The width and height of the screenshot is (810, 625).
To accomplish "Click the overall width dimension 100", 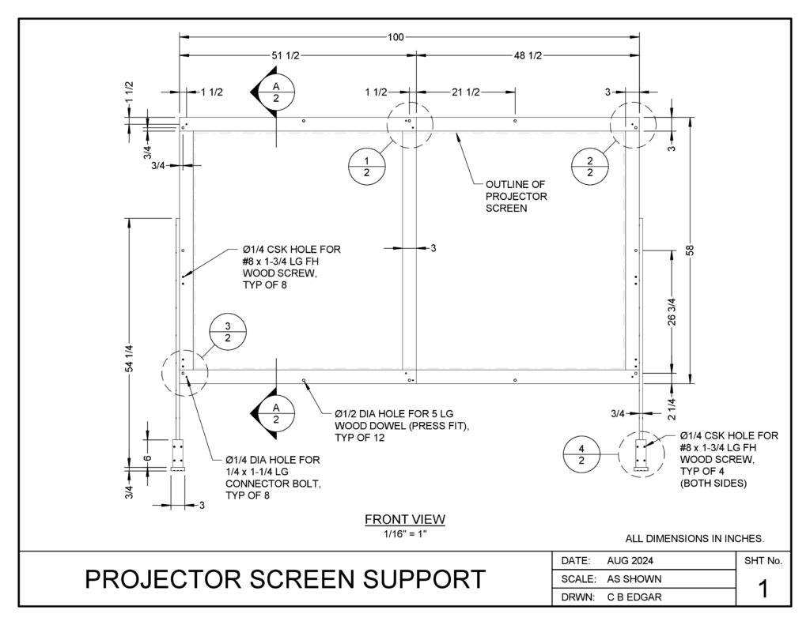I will point(396,36).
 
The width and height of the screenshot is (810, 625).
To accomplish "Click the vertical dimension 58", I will point(690,250).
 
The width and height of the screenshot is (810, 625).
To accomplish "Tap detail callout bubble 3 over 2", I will point(228,332).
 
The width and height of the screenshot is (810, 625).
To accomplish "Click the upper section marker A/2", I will point(276,92).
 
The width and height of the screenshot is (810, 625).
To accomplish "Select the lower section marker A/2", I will point(276,413).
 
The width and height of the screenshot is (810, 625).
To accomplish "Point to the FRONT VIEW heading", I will point(404,519).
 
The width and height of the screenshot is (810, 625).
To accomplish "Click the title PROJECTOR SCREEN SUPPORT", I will point(285,579).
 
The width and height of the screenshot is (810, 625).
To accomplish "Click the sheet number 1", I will point(763,589).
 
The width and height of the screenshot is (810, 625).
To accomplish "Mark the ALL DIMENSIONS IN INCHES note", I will point(695,539).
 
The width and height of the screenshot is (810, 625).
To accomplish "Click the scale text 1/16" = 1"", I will point(404,532).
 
